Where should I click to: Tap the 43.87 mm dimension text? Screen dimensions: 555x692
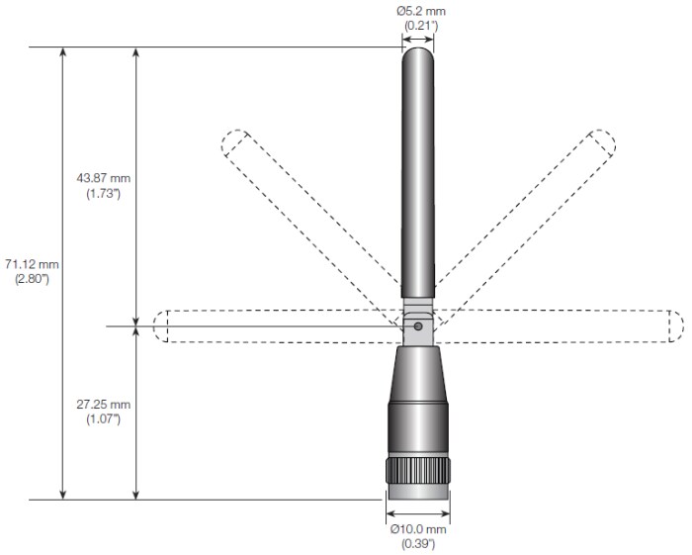click(103, 178)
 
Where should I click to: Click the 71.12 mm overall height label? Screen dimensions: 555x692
click(32, 264)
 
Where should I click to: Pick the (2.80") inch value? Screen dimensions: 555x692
click(32, 279)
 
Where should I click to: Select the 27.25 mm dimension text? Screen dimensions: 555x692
click(103, 406)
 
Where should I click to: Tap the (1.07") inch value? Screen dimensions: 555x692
click(103, 419)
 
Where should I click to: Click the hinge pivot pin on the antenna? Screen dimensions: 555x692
click(418, 325)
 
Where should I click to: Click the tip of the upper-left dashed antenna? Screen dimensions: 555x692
click(233, 144)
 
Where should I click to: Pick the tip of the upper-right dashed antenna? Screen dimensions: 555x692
click(602, 144)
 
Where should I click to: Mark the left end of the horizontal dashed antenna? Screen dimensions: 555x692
click(162, 326)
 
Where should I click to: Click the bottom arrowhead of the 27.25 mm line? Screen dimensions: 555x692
click(136, 494)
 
